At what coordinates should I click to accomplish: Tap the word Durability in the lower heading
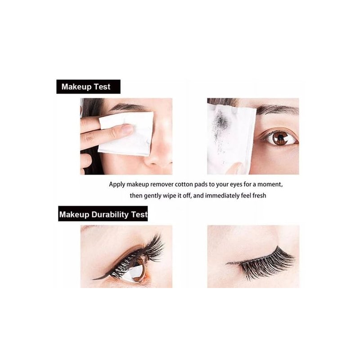pos(110,215)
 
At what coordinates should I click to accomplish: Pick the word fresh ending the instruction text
pos(259,196)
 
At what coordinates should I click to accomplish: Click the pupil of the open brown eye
pos(280,138)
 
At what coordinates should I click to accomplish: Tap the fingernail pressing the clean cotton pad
pos(127,129)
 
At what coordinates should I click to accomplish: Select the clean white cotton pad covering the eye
pos(126,134)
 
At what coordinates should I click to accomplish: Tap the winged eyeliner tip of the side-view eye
pos(94,279)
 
